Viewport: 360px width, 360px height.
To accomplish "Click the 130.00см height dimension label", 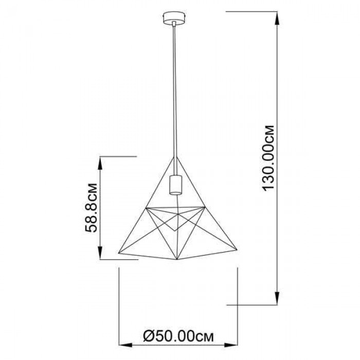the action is coord(268,158).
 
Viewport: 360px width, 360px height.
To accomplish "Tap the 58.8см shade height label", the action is coord(91,208).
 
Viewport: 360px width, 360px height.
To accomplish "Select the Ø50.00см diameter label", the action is coord(178,336).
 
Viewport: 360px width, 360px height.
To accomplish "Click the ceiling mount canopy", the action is coord(174,18).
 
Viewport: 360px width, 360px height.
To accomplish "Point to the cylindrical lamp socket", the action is coord(175,185).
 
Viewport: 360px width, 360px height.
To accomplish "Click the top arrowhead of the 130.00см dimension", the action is coord(277,18).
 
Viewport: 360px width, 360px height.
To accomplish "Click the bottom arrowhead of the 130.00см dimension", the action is coord(277,298).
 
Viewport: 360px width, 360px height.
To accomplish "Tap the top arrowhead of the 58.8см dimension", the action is coord(100,163).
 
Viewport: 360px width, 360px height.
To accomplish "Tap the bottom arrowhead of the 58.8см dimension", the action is coord(100,253).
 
